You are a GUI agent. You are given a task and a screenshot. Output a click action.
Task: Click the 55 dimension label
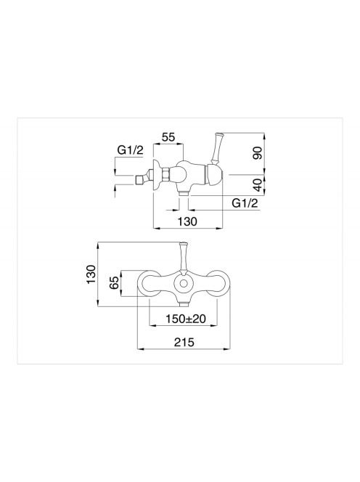(168, 137)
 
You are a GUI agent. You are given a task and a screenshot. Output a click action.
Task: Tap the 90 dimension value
(258, 153)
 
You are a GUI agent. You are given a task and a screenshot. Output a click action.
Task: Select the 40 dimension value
(258, 185)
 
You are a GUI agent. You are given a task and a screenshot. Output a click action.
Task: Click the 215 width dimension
(184, 342)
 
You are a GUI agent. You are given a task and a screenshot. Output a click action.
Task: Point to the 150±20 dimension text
(186, 319)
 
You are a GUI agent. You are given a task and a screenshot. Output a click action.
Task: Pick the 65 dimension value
(114, 282)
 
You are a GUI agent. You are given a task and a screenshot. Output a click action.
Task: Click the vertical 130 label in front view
(91, 274)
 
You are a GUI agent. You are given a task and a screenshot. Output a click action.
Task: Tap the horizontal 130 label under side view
(187, 221)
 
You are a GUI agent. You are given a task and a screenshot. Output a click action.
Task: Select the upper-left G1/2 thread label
(131, 150)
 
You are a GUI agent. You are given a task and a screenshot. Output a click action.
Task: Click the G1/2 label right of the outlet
(245, 203)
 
